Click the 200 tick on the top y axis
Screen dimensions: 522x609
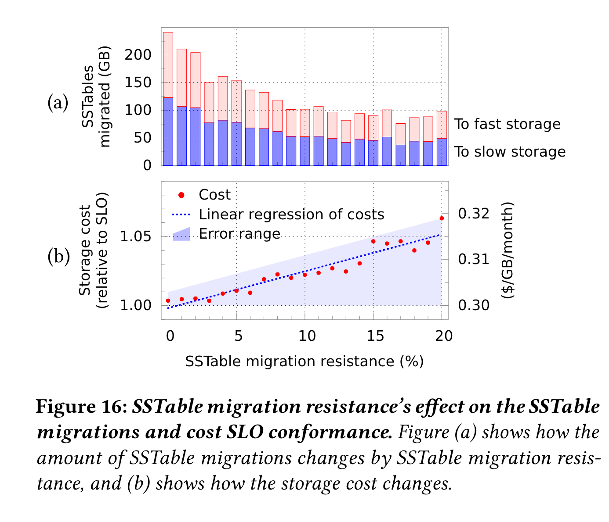[x=138, y=55]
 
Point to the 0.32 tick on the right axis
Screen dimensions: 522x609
[x=474, y=214]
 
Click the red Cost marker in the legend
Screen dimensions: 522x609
[x=181, y=195]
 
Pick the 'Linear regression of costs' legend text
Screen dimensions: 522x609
[x=291, y=215]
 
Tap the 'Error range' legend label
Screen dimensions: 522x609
[x=239, y=234]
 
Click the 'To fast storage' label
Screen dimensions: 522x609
[x=507, y=124]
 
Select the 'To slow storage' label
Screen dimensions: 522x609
[x=510, y=152]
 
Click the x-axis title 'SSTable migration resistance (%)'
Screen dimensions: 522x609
[x=304, y=361]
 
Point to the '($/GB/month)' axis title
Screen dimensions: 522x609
[x=508, y=250]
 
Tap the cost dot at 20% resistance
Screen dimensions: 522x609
[x=442, y=218]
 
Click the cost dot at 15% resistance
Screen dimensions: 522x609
[x=373, y=241]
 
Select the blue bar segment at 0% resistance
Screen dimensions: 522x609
[x=168, y=132]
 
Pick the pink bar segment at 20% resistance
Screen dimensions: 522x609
[x=442, y=125]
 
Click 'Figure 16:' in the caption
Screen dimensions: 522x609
[x=82, y=407]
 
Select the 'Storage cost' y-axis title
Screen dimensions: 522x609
[x=85, y=250]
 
